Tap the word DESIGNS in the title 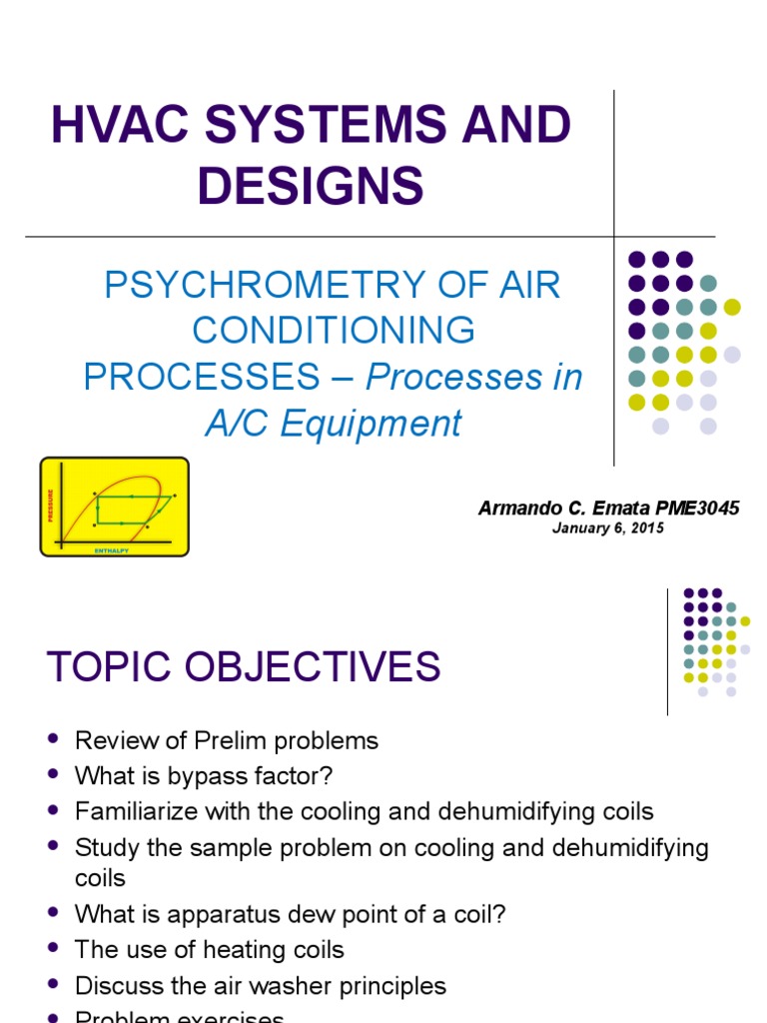(x=311, y=187)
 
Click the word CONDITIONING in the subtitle (x=334, y=331)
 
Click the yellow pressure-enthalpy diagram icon (x=114, y=507)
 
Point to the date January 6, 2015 (x=607, y=528)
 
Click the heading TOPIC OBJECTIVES (x=244, y=666)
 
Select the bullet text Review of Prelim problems (x=227, y=740)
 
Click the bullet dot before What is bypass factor (x=53, y=776)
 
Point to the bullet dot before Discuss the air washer (x=53, y=986)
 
